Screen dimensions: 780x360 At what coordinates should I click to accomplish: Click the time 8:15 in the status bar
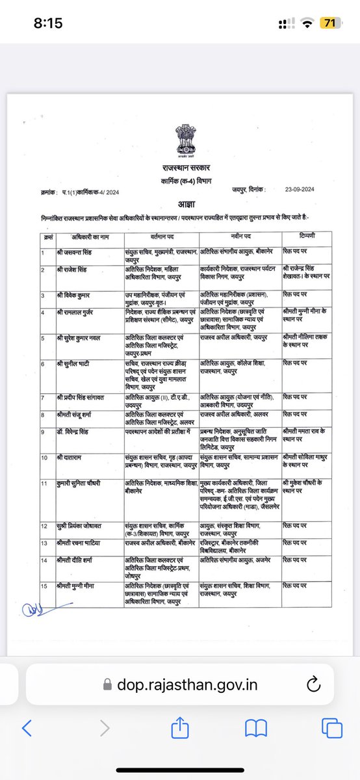[48, 23]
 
